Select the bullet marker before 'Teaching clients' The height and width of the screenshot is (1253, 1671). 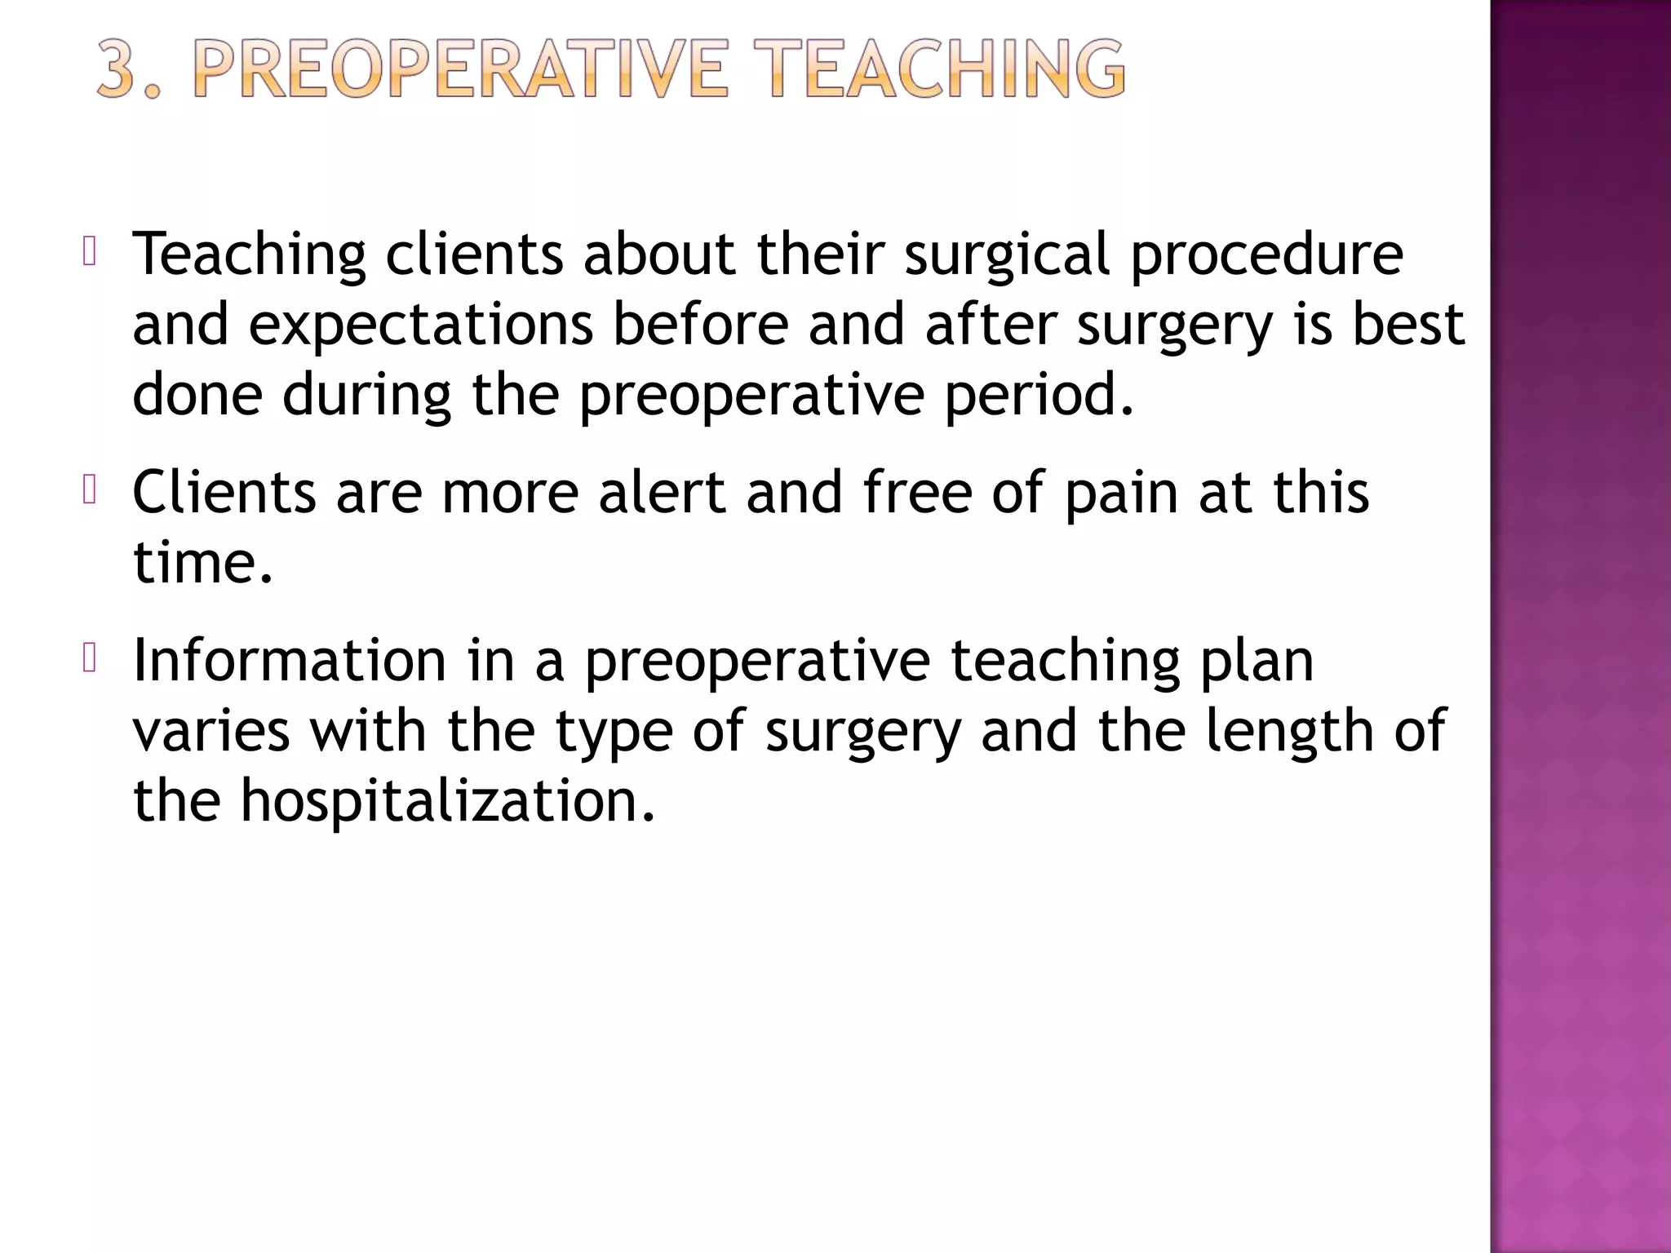[x=90, y=252]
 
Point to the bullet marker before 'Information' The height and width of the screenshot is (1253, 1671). [x=90, y=658]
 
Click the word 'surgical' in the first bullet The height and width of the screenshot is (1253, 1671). [x=1007, y=255]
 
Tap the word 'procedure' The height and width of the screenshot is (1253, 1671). [x=1266, y=255]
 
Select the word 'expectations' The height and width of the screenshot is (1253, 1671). [x=420, y=325]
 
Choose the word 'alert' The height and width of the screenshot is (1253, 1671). [x=662, y=493]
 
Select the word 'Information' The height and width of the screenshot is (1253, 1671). [x=290, y=660]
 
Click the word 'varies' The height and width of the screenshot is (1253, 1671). [x=211, y=730]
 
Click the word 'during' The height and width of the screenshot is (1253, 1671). [x=366, y=395]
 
